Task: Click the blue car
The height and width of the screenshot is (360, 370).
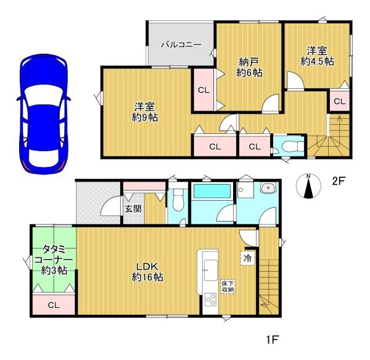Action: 44,114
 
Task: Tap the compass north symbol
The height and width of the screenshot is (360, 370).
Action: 308,186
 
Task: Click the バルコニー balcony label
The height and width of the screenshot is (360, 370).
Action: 181,44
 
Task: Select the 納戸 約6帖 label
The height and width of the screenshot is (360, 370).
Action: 249,67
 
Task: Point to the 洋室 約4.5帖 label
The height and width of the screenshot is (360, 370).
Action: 317,56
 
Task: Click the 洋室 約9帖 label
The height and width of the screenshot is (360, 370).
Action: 145,112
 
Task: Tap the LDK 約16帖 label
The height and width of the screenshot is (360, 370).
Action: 147,272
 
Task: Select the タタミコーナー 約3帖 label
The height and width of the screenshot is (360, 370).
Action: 53,259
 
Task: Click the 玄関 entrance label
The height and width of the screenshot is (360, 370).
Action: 133,209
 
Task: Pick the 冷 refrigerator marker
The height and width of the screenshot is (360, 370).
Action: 247,258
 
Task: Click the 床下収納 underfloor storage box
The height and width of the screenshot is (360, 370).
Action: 228,287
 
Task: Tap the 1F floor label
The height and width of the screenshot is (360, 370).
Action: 272,340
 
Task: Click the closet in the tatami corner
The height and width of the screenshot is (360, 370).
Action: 54,304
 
